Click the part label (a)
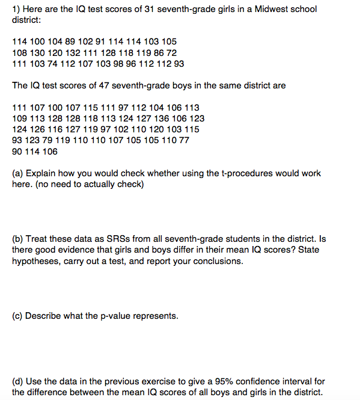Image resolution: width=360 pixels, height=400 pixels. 17,173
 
